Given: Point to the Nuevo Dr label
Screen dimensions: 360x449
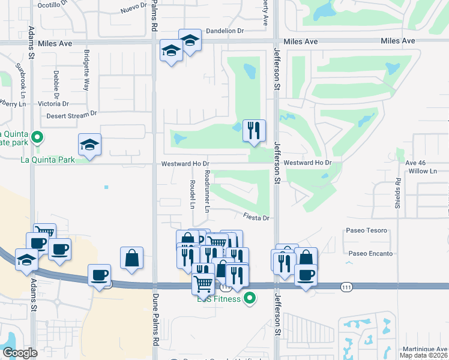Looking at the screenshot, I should point(133,8).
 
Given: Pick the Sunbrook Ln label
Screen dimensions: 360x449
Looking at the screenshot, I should point(22,79).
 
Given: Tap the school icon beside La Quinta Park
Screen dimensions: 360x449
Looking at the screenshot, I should point(90,145).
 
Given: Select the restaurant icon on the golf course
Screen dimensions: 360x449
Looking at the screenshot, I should point(254,130).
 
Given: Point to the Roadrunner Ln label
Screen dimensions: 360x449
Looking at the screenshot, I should point(206,191).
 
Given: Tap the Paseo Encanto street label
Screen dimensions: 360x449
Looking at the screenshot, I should point(370,254).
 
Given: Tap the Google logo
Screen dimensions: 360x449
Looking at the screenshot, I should point(20,353).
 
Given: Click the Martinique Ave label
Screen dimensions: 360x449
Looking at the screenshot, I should point(427,349).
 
